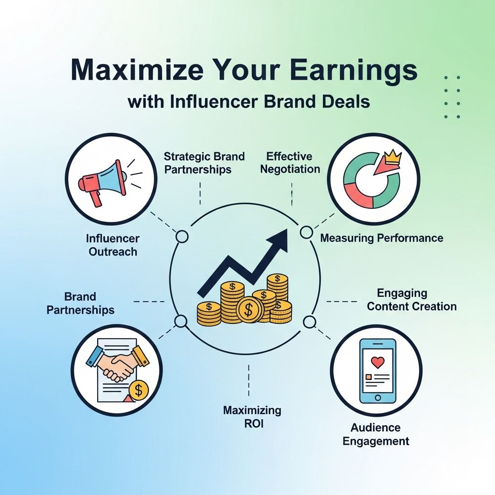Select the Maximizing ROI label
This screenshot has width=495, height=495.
click(252, 417)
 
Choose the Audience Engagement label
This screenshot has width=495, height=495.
click(376, 434)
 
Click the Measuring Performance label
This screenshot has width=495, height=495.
click(381, 238)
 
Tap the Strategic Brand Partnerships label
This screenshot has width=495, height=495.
click(204, 163)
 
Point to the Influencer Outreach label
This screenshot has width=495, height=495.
click(113, 245)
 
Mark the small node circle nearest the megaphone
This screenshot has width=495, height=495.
click(182, 236)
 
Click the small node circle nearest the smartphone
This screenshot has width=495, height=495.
click(308, 320)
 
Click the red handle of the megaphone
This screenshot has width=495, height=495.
click(97, 197)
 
